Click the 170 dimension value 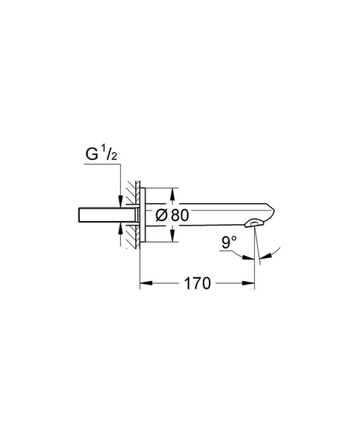pyautogui.click(x=197, y=284)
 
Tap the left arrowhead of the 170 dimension pyautogui.click(x=143, y=284)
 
